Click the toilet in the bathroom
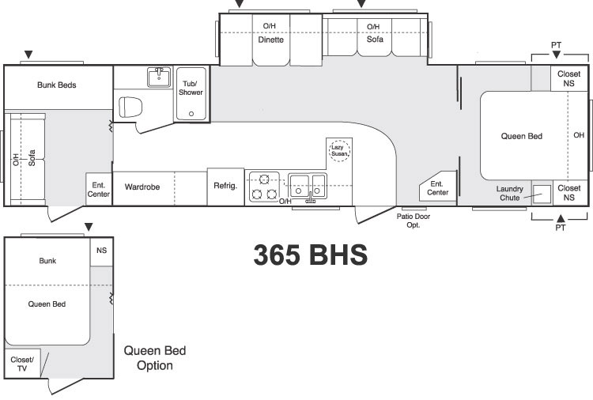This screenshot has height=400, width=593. coord(130,107)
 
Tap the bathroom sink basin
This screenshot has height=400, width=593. coord(159,77)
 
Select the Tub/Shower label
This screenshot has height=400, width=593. coord(191,88)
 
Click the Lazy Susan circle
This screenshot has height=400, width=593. coord(339,150)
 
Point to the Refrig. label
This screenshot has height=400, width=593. coord(225,186)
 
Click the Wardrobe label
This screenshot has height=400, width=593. coord(142,187)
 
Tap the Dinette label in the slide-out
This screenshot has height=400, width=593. coord(270,40)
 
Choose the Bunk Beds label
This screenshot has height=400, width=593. coord(57,85)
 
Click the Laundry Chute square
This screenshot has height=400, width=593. coord(542,194)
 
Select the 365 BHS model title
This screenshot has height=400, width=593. coord(311,254)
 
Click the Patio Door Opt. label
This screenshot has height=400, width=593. coord(414,221)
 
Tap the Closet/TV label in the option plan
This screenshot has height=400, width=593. coord(22,364)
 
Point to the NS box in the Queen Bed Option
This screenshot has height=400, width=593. coord(102,252)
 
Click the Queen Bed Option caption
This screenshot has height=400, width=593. coord(155,357)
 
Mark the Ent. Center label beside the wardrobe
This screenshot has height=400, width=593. coord(99,190)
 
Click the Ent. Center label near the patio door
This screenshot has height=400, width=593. coord(437,188)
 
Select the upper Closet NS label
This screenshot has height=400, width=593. coord(568,78)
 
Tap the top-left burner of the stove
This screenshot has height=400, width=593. coord(264,179)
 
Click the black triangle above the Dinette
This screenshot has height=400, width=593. coord(240,4)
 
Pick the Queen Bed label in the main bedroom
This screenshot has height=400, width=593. coord(522,136)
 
